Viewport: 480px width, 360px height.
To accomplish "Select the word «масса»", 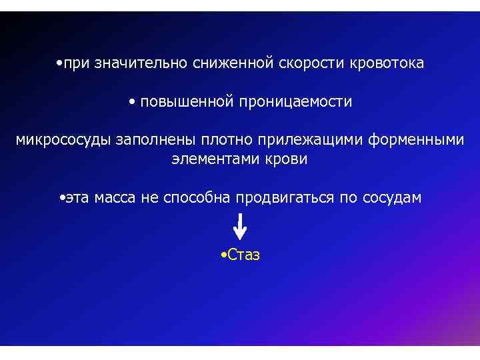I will point(115,198).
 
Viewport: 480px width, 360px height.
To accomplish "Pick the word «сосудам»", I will point(393,198).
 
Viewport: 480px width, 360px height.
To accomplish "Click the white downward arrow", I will point(240,227).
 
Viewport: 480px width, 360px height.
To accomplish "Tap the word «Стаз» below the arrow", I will point(243,255).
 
